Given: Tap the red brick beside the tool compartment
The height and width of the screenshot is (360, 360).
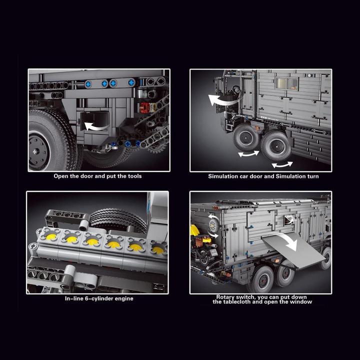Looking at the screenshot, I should (145, 106).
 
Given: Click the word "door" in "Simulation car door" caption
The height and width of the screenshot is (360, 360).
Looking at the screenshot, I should (252, 176).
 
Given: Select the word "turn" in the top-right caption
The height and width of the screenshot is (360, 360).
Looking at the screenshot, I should (311, 176).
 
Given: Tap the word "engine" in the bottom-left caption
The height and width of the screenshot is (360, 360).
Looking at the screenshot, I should (123, 298).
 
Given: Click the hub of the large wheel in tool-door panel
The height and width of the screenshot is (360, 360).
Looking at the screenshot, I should (38, 150).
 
